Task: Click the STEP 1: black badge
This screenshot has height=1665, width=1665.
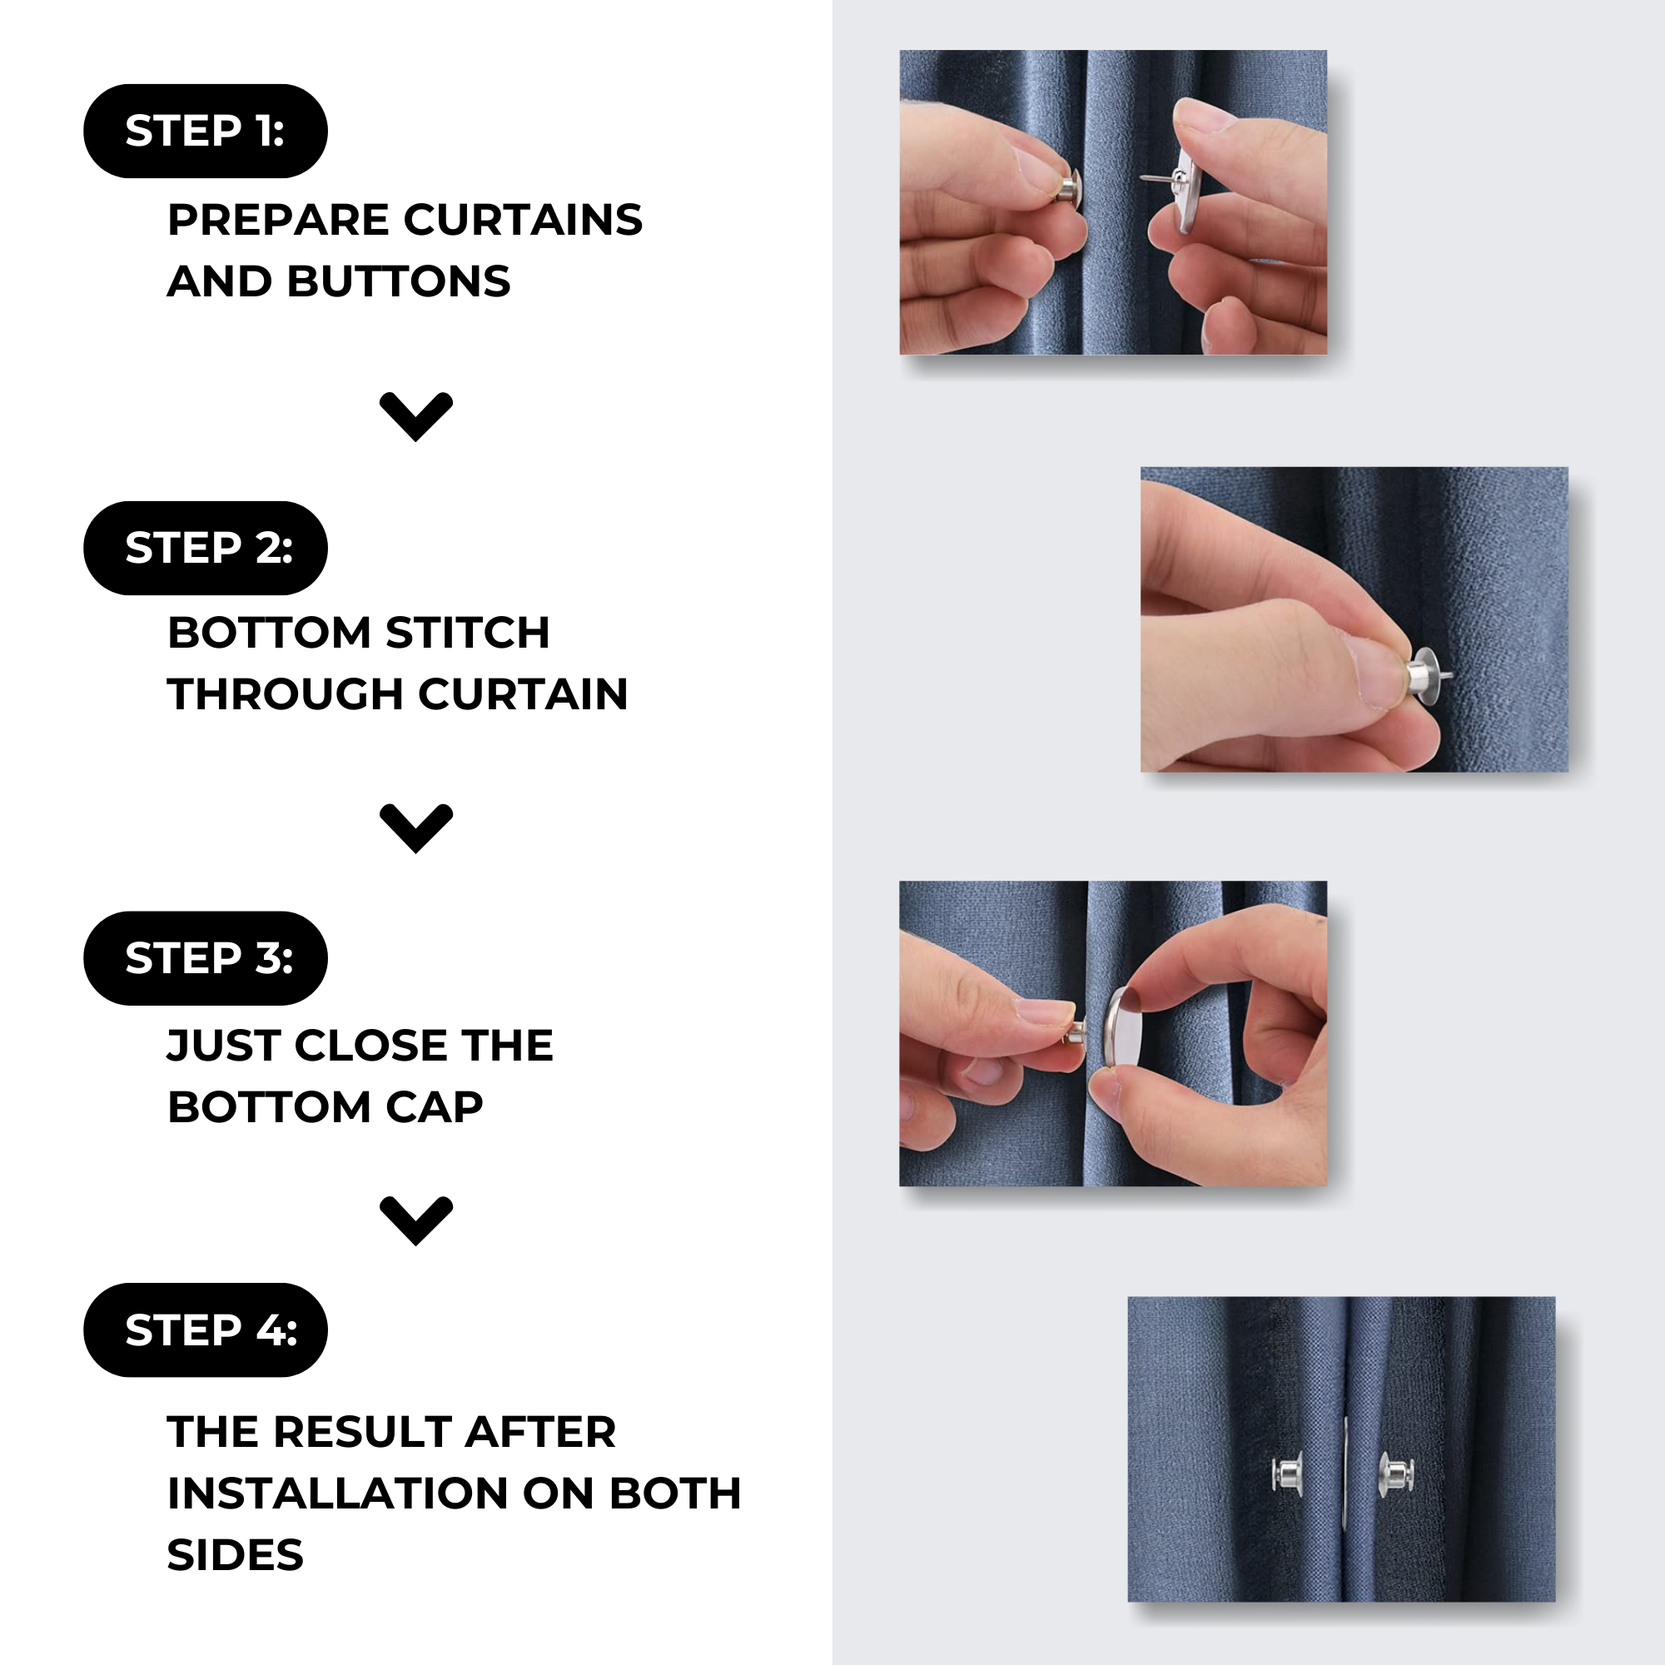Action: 205,131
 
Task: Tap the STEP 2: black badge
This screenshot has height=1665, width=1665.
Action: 205,548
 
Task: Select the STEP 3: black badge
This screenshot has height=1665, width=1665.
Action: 205,958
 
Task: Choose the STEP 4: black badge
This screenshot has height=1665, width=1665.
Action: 205,1330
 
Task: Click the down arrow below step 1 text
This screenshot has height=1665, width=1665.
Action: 416,417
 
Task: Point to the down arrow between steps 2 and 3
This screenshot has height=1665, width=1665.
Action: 416,829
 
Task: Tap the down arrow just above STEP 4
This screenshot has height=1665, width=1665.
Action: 416,1221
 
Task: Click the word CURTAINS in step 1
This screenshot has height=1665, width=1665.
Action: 523,220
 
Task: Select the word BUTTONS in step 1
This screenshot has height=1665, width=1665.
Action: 399,282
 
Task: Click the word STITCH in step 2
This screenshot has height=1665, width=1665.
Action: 468,633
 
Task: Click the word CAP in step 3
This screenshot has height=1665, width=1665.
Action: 435,1107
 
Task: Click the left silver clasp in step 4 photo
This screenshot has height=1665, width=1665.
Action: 1286,1473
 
